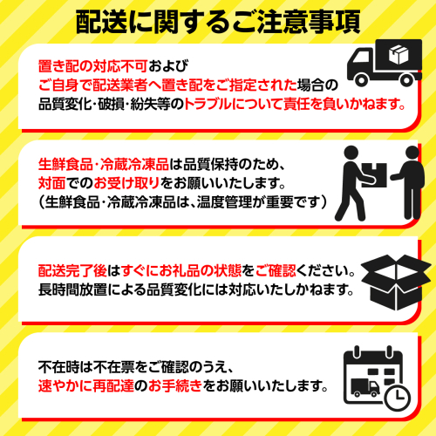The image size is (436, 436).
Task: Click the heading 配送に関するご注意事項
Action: [218, 22]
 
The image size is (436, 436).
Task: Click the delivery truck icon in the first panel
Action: [385, 63]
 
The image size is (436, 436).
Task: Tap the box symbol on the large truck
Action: [399, 54]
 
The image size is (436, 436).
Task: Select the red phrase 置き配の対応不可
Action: [93, 66]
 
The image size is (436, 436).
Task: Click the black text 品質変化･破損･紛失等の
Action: [111, 104]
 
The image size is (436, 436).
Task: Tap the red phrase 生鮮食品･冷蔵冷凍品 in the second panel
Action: [104, 164]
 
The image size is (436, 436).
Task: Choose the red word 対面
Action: [51, 183]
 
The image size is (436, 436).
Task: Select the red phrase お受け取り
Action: [126, 183]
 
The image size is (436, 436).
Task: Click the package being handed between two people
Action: [374, 175]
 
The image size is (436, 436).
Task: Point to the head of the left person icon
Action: [351, 153]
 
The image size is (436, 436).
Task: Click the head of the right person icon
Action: [412, 153]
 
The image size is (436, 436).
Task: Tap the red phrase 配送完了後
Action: [72, 270]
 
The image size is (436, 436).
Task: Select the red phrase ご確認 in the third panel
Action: [276, 270]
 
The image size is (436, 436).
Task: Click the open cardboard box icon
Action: [396, 283]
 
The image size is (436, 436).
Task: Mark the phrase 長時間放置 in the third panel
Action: [72, 290]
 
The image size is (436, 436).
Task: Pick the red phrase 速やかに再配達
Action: [86, 386]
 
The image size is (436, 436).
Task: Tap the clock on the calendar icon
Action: [398, 398]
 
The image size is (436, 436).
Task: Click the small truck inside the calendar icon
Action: [365, 387]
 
